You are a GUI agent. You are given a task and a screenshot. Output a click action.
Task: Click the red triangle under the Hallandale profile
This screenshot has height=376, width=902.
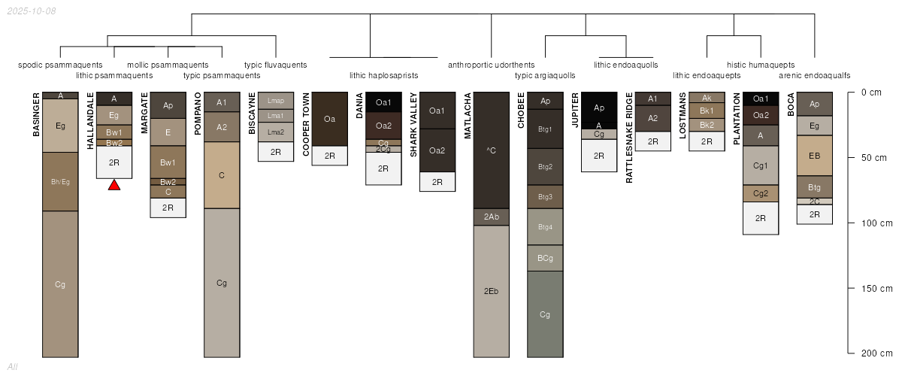(114, 185)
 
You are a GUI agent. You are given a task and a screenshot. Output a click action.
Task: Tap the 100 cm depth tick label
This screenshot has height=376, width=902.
(876, 223)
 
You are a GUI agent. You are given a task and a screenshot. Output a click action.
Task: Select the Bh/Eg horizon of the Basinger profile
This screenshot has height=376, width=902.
(60, 182)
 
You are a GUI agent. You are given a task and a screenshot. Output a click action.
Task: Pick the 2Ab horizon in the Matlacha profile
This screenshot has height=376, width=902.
(492, 217)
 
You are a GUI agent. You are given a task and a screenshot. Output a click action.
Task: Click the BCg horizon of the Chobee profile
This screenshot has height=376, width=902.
(545, 259)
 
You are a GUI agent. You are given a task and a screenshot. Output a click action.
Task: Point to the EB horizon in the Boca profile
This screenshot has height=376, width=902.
(815, 156)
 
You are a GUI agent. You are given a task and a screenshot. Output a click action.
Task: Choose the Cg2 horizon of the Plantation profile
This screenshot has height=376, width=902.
(761, 193)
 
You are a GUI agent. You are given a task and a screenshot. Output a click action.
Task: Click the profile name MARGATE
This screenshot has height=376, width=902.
(144, 113)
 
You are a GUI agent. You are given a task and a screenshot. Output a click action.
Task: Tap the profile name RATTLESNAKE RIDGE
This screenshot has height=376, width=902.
(629, 138)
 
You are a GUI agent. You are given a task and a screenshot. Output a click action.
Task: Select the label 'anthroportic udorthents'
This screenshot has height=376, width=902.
(492, 65)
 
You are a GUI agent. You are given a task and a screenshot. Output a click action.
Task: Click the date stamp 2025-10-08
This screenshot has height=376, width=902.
(32, 11)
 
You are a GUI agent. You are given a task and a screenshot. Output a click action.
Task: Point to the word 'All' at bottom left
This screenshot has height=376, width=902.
(13, 367)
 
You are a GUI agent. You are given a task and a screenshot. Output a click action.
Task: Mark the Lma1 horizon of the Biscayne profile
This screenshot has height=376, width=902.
(276, 116)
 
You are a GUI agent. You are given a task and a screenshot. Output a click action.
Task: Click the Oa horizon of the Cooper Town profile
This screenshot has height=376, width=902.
(330, 119)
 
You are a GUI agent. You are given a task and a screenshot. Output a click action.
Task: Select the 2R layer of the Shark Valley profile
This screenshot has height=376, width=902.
(437, 182)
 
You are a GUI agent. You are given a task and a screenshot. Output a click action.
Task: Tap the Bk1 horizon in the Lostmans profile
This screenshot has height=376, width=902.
(707, 111)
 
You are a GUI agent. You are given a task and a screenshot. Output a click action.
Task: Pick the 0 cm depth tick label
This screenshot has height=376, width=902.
(871, 92)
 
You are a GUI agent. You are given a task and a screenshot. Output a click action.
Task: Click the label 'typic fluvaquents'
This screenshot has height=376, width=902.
(276, 65)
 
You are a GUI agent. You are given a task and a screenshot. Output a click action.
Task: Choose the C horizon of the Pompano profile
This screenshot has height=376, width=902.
(222, 175)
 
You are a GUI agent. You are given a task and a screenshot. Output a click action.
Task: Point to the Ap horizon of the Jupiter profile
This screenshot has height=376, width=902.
(599, 108)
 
